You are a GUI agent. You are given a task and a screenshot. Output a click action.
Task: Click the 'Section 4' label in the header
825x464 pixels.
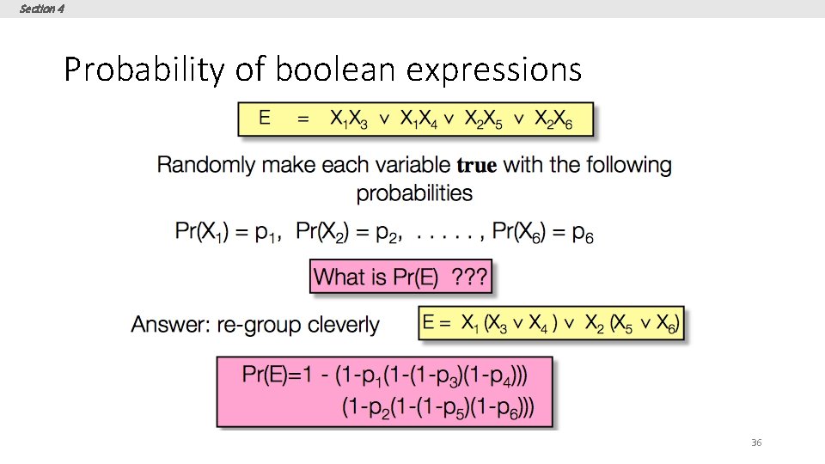(x=41, y=9)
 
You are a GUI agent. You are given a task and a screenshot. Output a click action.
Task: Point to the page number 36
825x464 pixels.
(x=756, y=443)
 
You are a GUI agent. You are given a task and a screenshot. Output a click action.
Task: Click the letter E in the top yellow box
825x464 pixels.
(x=265, y=119)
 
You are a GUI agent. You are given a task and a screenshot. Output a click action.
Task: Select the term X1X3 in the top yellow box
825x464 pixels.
(x=348, y=119)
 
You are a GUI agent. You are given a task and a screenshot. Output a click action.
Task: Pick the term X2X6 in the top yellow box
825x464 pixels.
(x=553, y=119)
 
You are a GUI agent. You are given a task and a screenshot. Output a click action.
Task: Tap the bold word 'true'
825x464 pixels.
(x=477, y=166)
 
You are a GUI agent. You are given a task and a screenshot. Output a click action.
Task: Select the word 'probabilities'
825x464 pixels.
(x=414, y=192)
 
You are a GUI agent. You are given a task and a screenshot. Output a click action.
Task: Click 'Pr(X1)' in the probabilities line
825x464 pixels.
(x=200, y=231)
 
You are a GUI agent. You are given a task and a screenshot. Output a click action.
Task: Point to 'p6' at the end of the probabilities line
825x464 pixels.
(x=583, y=232)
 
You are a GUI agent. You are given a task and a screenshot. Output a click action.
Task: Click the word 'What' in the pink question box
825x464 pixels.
(x=339, y=277)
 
